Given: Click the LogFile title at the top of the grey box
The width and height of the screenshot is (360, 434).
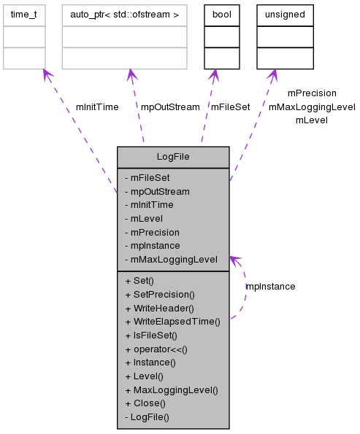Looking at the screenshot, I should point(173,157).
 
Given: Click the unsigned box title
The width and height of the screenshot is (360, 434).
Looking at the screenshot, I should point(285,14).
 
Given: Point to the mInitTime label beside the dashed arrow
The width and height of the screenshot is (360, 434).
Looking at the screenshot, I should point(97,106).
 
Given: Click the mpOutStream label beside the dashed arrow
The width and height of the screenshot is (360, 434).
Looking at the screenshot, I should point(170,106).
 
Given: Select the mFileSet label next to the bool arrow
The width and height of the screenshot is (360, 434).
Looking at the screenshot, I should point(230,106).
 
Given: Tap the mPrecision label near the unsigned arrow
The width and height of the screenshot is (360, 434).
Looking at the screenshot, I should point(312,93).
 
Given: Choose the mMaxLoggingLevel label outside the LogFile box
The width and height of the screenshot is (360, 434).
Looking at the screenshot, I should point(312,106).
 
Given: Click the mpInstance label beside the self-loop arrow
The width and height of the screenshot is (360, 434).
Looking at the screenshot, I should point(270,287).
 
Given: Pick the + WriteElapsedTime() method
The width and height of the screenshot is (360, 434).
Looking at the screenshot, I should point(172,322).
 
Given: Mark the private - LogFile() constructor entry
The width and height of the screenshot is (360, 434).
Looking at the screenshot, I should point(147,417).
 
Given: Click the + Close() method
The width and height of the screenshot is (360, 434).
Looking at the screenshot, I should point(145,403).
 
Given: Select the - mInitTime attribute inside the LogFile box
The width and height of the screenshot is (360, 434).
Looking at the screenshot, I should point(149,205).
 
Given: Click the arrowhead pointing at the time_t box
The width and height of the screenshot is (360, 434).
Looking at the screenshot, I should point(45,74).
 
